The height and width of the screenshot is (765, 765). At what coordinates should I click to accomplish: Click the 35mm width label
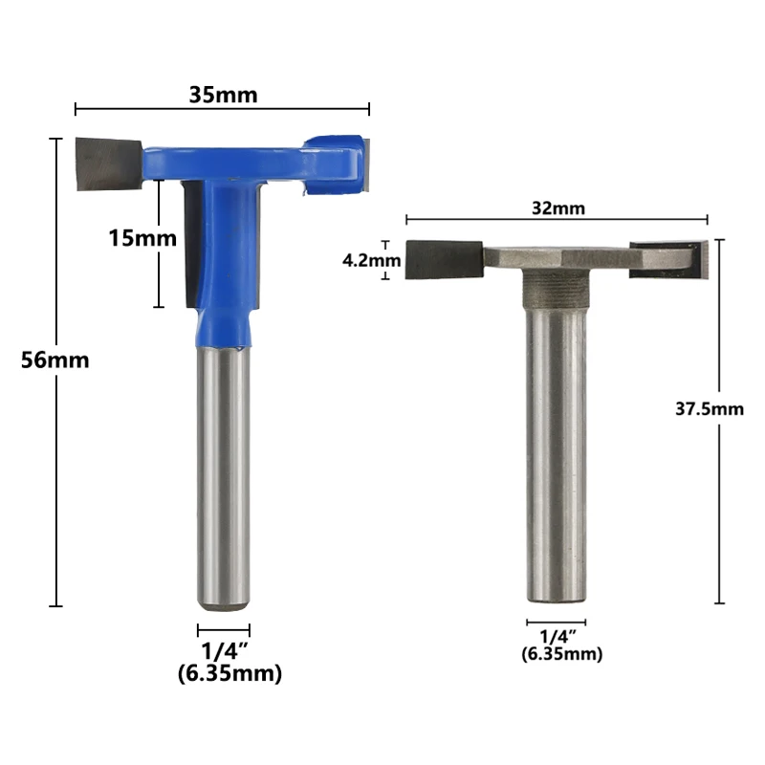click(223, 95)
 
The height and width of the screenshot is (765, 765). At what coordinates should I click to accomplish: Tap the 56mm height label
click(55, 361)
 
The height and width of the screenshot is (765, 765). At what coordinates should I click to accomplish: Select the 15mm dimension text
click(142, 238)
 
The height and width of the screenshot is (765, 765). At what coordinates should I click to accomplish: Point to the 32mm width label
click(558, 208)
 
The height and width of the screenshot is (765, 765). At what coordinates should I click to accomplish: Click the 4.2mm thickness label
click(371, 260)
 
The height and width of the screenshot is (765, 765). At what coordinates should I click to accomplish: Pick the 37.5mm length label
click(710, 409)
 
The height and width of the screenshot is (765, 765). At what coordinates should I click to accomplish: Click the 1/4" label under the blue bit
click(225, 651)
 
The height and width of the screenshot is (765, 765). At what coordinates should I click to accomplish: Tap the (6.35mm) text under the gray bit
click(561, 654)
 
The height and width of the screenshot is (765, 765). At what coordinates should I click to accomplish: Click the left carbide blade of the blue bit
click(109, 164)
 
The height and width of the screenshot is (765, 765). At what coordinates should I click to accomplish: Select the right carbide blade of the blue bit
click(365, 164)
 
